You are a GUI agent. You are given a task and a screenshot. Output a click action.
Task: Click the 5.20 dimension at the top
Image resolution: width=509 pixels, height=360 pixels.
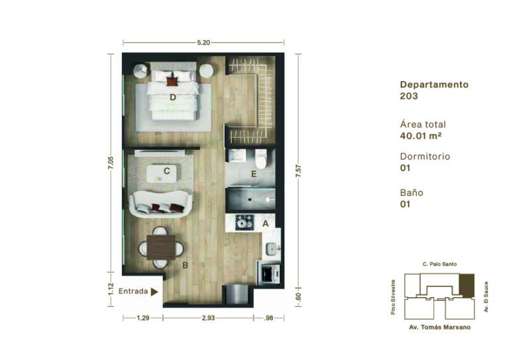click(x=203, y=42)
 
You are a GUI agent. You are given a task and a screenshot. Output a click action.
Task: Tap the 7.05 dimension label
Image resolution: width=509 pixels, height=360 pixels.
click(x=111, y=162)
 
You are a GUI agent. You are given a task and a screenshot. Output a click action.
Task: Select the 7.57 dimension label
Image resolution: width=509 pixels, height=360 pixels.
click(x=298, y=171)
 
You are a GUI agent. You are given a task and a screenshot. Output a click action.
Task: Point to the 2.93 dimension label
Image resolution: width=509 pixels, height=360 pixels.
click(x=208, y=318)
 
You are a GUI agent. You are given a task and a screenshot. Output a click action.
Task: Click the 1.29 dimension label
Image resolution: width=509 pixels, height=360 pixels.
click(x=143, y=318)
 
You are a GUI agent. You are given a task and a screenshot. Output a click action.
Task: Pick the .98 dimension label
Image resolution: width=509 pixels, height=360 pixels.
click(x=268, y=318)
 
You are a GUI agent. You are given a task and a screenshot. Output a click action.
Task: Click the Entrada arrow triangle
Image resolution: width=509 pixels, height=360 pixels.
click(x=154, y=292)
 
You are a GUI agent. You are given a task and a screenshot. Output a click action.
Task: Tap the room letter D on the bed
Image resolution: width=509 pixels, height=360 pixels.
click(x=173, y=97)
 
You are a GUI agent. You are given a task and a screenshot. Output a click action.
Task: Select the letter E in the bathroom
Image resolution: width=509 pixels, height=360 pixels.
click(x=254, y=174)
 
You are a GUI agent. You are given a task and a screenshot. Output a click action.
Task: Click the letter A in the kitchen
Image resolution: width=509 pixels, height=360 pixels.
click(x=266, y=223)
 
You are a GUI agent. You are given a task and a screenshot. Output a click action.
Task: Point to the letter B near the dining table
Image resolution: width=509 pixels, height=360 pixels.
click(x=185, y=266)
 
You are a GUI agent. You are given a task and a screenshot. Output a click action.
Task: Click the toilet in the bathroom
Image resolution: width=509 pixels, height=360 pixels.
click(x=260, y=158)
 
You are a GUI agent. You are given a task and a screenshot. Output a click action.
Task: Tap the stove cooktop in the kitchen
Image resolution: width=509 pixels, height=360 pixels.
click(x=245, y=222)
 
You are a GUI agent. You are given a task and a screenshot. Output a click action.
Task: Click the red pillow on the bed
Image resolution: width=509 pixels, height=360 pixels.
click(x=172, y=81)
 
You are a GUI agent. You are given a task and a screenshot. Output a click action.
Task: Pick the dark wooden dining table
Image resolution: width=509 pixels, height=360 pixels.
click(x=161, y=247)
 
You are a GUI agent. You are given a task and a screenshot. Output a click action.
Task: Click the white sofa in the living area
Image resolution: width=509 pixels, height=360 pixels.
click(x=160, y=204)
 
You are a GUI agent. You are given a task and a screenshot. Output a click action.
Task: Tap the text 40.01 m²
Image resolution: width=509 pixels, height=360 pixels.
click(x=420, y=136)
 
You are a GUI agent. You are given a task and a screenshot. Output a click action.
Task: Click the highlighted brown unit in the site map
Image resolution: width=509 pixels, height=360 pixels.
click(x=467, y=286)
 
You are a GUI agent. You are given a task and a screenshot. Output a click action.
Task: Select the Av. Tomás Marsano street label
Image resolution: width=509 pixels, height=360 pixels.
click(x=439, y=328)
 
